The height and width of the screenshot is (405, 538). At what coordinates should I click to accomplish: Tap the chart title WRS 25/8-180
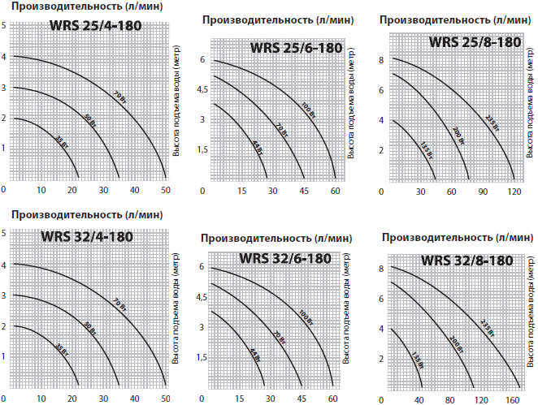click(475, 42)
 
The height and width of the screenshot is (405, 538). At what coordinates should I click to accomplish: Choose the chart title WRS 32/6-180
click(284, 258)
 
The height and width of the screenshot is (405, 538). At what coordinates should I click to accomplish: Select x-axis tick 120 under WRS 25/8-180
click(513, 191)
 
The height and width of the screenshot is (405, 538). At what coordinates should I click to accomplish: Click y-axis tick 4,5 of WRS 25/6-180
click(203, 88)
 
